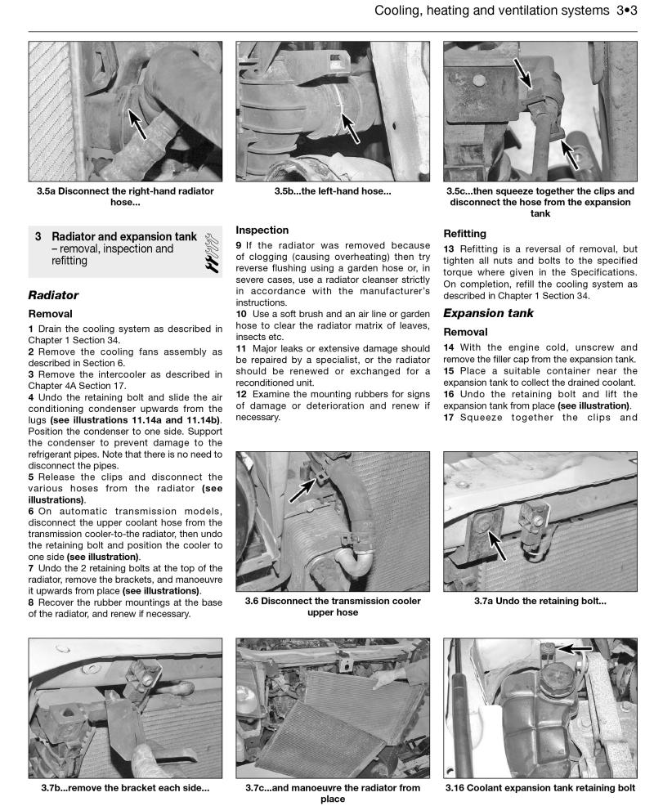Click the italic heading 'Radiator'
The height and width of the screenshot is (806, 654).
click(x=53, y=294)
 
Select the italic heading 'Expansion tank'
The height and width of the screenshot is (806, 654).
click(x=488, y=312)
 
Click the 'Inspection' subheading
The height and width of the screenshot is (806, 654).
click(x=262, y=231)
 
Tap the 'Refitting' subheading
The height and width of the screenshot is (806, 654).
click(x=464, y=232)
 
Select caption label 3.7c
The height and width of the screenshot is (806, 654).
click(x=261, y=788)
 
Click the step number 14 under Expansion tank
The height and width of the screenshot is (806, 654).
click(x=449, y=347)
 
